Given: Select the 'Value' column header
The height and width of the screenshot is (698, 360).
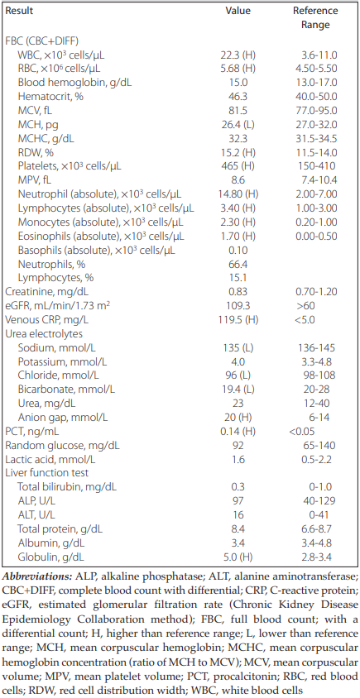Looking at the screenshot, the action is click(x=238, y=12).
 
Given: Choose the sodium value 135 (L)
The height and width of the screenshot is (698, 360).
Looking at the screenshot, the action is click(x=238, y=349).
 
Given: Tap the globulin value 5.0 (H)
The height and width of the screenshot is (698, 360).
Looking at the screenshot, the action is click(x=238, y=557).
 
